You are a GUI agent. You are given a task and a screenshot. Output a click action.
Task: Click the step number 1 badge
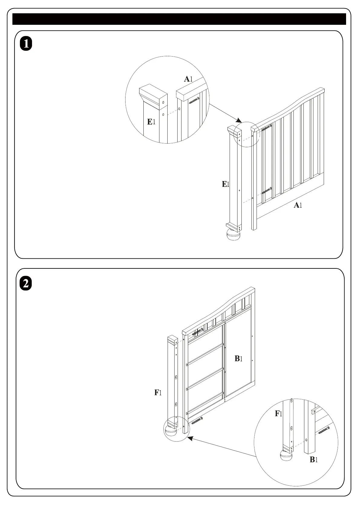(x=26, y=44)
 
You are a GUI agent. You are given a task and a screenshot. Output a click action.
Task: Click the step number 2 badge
(x=26, y=284)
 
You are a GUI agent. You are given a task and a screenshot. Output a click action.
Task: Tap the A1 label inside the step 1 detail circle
(x=188, y=79)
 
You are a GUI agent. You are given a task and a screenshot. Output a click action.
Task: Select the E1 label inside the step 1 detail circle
(x=151, y=122)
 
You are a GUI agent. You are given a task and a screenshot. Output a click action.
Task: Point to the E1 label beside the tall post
(x=226, y=184)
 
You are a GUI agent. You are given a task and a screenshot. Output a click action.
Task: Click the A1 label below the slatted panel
(x=298, y=206)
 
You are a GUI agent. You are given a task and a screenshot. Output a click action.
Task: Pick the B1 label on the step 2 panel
(x=239, y=359)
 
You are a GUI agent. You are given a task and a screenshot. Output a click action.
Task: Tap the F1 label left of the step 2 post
(x=158, y=393)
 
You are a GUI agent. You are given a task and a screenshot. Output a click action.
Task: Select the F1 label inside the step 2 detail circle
(x=278, y=414)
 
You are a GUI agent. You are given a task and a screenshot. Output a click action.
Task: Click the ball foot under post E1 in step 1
(x=233, y=235)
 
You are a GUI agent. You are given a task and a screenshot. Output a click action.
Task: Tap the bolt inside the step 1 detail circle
(x=194, y=100)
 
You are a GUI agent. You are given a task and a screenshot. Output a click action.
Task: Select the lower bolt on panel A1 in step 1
(x=267, y=191)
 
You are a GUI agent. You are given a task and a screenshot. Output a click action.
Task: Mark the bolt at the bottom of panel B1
(x=197, y=420)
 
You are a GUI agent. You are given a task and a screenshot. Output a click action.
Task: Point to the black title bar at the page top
(x=179, y=19)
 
